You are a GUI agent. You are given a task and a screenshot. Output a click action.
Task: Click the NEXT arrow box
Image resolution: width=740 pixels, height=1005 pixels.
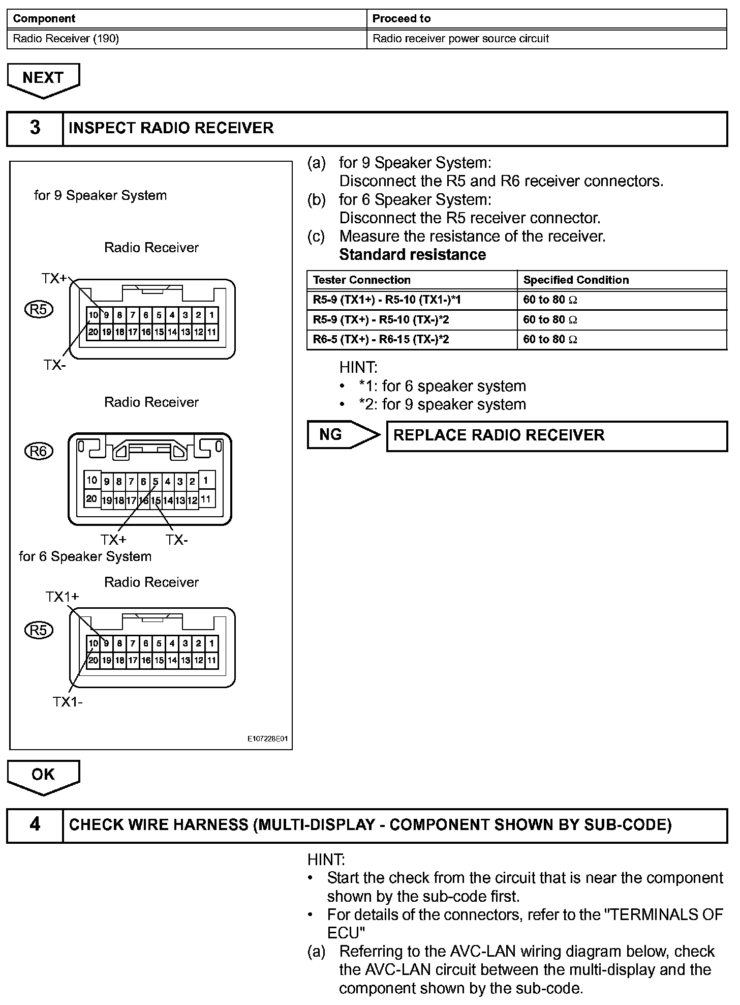43,79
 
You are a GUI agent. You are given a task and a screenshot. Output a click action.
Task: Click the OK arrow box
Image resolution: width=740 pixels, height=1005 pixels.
43,776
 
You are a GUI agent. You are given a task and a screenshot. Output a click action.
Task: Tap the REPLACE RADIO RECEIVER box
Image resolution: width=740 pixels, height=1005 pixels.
557,436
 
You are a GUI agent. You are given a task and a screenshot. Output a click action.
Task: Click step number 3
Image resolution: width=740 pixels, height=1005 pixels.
35,128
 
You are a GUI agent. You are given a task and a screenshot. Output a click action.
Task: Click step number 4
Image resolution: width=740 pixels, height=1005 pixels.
35,824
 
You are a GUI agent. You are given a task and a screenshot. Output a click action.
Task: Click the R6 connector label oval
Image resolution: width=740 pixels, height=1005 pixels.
39,451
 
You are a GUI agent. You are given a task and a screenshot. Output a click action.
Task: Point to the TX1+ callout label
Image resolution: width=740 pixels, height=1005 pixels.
62,597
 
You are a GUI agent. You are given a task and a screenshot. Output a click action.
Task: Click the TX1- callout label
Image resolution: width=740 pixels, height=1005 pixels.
68,702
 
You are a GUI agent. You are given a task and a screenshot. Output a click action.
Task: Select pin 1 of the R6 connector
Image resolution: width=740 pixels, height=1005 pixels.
206,480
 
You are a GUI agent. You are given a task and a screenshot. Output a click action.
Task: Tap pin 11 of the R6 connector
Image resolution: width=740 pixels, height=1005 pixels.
206,499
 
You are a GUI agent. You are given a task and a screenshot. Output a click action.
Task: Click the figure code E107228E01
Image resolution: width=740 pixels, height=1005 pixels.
267,739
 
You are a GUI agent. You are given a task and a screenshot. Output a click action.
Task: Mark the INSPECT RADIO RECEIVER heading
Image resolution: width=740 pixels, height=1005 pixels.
171,128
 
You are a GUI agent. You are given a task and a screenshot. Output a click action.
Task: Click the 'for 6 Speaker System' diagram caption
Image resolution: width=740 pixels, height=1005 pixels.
85,556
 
